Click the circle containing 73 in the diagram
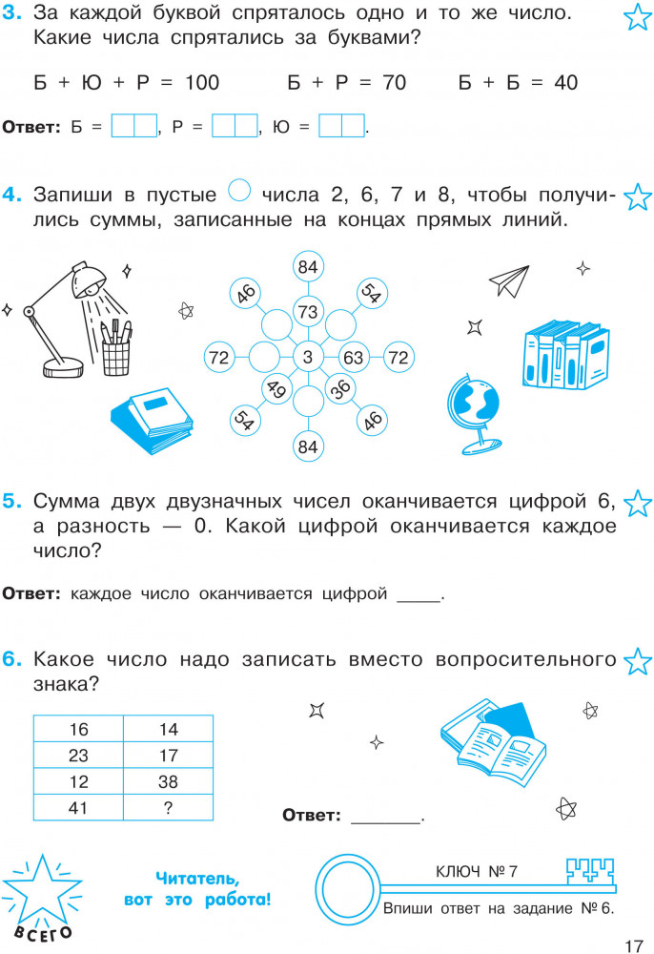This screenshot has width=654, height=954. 308,312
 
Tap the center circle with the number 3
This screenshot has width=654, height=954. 308,357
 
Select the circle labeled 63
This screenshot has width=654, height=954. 353,357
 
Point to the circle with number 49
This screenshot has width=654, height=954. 276,389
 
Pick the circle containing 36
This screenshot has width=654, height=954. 340,389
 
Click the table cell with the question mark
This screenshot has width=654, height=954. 169,807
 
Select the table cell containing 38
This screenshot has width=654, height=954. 169,781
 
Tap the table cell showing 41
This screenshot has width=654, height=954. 78,807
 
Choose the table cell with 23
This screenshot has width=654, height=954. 78,755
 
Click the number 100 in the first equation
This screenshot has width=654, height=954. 202,83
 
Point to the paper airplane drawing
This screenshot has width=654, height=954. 509,281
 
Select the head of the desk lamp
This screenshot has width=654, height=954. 89,280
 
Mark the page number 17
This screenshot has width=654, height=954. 633,945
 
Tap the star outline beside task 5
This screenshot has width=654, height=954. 638,503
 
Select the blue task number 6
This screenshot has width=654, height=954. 12,659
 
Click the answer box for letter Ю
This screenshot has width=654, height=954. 341,126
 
